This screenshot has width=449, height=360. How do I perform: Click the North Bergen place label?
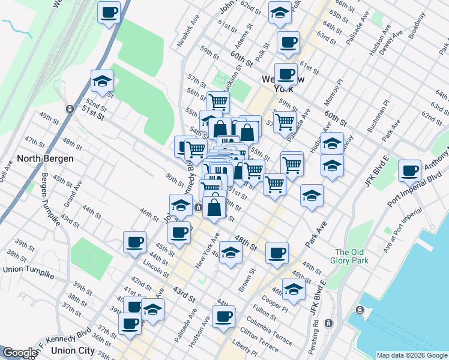[x=46, y=158]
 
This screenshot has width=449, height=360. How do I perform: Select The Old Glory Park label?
[x=351, y=256]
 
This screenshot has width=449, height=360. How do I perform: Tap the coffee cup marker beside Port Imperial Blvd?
[x=410, y=171]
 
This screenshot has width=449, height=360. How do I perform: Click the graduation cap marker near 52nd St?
[x=103, y=81]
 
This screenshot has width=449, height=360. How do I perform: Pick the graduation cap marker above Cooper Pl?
[x=294, y=289]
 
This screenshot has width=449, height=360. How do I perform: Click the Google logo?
[x=20, y=353]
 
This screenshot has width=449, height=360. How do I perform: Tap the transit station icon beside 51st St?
[x=70, y=109]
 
